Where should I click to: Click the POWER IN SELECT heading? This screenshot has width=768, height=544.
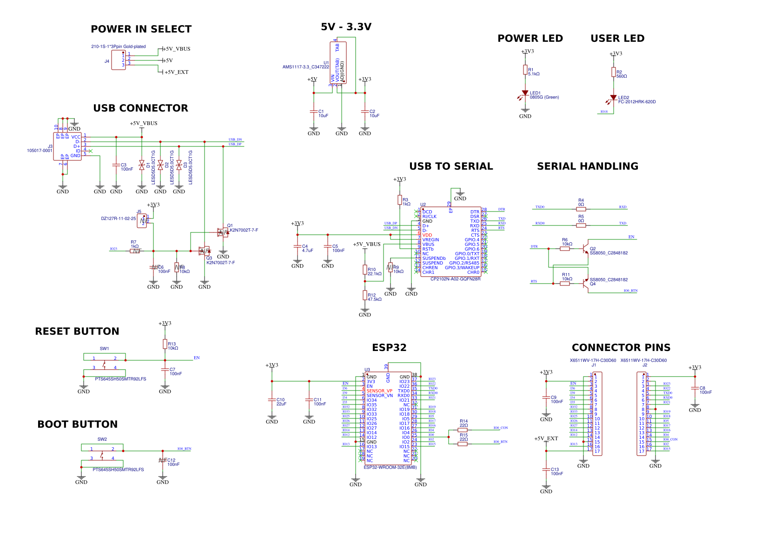[x=141, y=29]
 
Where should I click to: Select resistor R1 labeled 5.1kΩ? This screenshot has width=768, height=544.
[x=525, y=70]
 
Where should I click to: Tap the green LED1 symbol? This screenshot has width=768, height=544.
[x=525, y=93]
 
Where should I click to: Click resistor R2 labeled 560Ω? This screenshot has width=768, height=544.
[x=614, y=72]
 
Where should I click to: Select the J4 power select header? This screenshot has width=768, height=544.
[x=119, y=60]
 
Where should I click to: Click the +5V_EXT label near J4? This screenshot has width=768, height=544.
[x=176, y=72]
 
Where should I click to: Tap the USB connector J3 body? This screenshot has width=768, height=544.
[x=67, y=146]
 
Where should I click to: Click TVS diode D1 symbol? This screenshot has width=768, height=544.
[x=142, y=165]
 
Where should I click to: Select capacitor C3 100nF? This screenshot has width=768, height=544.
[x=116, y=165]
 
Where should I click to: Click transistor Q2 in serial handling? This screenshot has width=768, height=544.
[x=586, y=249]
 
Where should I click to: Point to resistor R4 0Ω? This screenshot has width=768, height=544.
[x=581, y=209]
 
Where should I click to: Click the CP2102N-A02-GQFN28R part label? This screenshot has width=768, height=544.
[x=455, y=279]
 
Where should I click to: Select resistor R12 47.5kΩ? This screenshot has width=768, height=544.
[x=365, y=295]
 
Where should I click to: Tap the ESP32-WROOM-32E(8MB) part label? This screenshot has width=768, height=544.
[x=390, y=467]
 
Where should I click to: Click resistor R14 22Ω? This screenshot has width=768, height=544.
[x=463, y=430]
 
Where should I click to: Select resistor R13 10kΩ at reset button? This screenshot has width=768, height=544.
[x=165, y=344]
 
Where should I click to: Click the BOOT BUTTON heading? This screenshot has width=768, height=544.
[x=78, y=425]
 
